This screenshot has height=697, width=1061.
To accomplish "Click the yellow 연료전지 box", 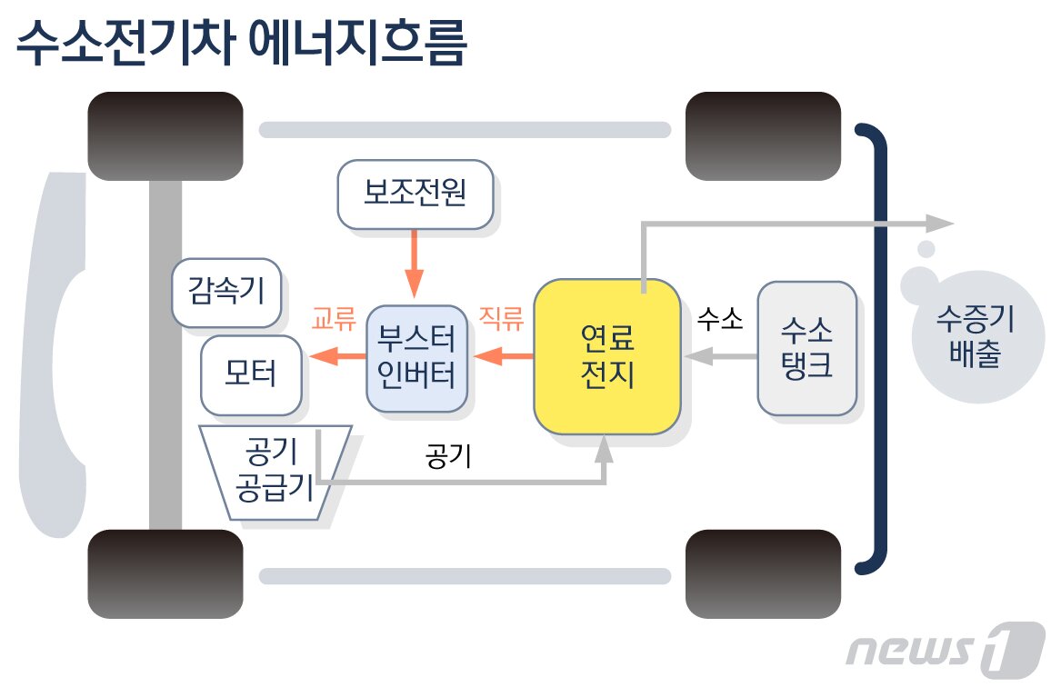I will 606,356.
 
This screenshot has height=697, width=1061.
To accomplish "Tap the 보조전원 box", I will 415,194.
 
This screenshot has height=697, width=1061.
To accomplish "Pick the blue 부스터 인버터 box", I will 416,357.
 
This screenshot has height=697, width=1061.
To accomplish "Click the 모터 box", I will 250,373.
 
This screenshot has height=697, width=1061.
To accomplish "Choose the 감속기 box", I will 226,293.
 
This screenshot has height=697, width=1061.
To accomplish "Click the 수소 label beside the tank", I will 720,319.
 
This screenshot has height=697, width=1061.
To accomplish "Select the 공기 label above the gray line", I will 447,455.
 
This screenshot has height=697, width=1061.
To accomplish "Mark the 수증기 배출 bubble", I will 975,337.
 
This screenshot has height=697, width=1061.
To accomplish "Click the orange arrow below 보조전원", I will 415,264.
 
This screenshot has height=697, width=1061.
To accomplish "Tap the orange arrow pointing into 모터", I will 336,357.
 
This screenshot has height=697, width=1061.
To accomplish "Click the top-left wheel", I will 165,136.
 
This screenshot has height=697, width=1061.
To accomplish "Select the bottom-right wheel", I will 763,573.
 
